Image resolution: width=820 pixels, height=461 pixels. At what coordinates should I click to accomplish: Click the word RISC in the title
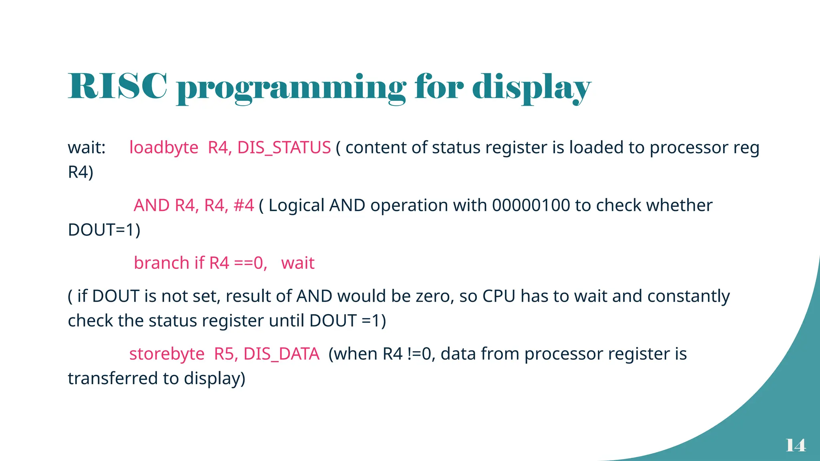[117, 86]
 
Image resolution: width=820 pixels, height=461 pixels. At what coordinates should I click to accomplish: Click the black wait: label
[86, 148]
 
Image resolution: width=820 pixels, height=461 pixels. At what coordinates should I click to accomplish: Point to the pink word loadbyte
[163, 148]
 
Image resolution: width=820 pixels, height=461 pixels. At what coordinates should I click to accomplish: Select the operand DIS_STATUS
[284, 148]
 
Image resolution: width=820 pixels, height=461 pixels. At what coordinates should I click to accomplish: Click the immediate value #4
[243, 205]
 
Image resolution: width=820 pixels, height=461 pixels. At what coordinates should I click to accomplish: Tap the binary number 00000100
[531, 205]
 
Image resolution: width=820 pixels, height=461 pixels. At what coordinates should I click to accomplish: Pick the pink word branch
[161, 263]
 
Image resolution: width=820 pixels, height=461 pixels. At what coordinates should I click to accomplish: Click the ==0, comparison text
[251, 263]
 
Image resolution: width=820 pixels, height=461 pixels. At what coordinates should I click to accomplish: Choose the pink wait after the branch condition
[297, 263]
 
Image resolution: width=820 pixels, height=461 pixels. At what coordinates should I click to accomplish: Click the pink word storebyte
[167, 354]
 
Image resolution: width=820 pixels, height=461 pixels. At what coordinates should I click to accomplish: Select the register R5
[226, 354]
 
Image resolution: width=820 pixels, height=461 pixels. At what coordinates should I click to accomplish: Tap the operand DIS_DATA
[281, 354]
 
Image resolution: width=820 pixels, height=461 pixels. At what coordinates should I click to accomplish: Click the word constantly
[688, 297]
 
